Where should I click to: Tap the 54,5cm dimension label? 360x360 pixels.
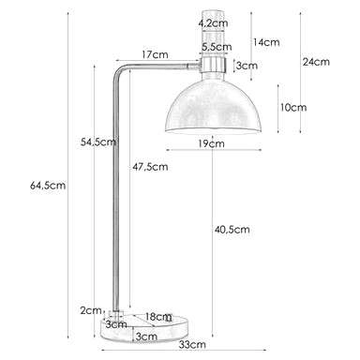pos(98,142)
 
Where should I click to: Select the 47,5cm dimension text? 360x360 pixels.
pos(151,167)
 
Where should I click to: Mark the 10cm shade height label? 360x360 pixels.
pos(293,108)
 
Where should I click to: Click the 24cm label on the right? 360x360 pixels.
pos(316,63)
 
